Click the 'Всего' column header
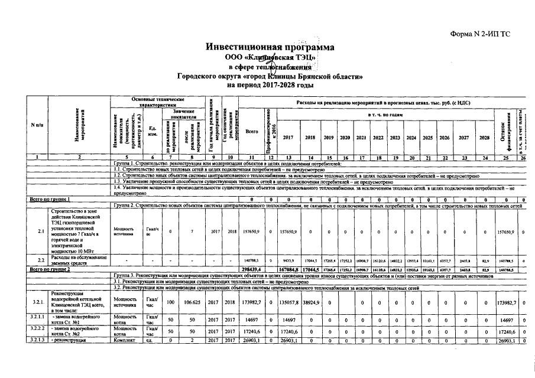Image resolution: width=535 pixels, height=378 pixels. point(252,131)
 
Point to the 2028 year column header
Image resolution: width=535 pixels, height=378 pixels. point(485,137)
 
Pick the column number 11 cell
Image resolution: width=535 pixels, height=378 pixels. point(252,157)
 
